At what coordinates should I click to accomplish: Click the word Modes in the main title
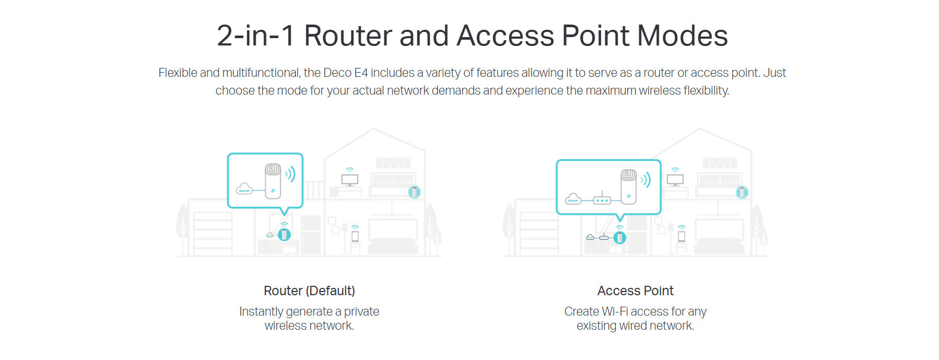coord(682,36)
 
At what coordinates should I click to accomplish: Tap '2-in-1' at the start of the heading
coord(256,36)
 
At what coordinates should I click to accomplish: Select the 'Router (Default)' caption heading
coord(309,291)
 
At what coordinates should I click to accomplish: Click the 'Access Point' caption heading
coord(636,291)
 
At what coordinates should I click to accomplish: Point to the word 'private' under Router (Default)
coord(361,311)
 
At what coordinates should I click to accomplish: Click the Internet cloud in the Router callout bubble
coord(244,189)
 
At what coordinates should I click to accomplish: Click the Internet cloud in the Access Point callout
coord(573,199)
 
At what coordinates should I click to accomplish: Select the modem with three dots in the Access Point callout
coord(602,199)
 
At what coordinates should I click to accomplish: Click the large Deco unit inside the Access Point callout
coord(628,187)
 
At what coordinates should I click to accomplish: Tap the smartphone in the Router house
coord(355,236)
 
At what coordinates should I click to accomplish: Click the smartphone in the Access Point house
coord(682,236)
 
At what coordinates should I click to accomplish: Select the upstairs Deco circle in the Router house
coord(414,192)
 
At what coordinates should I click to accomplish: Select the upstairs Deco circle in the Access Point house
coord(742,192)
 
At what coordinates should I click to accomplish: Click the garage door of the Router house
coord(213,233)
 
